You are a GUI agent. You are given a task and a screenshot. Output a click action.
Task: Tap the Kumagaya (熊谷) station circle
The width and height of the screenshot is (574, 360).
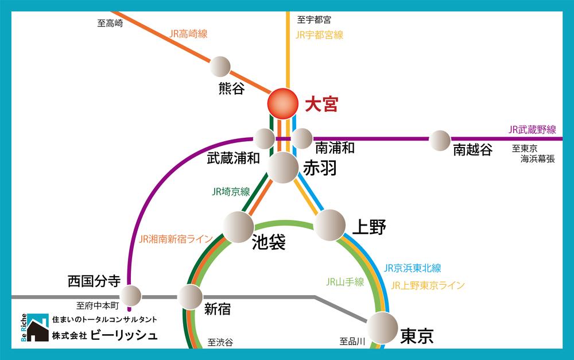point(220,67)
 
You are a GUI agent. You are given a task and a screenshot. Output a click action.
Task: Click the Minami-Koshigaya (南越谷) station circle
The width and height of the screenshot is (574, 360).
point(440,140)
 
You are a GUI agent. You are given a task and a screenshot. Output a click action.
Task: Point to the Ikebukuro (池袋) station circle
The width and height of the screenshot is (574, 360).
point(238,227)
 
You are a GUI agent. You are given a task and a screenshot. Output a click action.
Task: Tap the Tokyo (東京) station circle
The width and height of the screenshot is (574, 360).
point(382,328)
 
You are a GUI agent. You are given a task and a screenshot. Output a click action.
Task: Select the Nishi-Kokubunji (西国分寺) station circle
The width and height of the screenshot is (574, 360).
point(130,296)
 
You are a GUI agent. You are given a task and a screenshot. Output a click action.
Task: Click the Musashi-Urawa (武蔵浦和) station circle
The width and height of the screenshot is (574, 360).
point(265,138)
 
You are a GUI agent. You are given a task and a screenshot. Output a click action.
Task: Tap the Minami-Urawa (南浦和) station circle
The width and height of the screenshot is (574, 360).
point(302,138)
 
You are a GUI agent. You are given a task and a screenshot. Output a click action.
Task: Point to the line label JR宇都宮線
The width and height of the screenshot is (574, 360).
point(319,34)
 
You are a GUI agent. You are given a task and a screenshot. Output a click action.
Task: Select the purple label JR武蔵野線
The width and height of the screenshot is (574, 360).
point(532,130)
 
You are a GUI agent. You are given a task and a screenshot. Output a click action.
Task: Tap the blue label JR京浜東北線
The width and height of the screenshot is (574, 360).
point(412,268)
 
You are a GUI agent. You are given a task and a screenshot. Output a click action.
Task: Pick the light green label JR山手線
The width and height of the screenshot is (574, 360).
point(345,282)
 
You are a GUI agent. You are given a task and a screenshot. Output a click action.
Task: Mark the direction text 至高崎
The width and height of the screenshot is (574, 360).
point(110,23)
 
